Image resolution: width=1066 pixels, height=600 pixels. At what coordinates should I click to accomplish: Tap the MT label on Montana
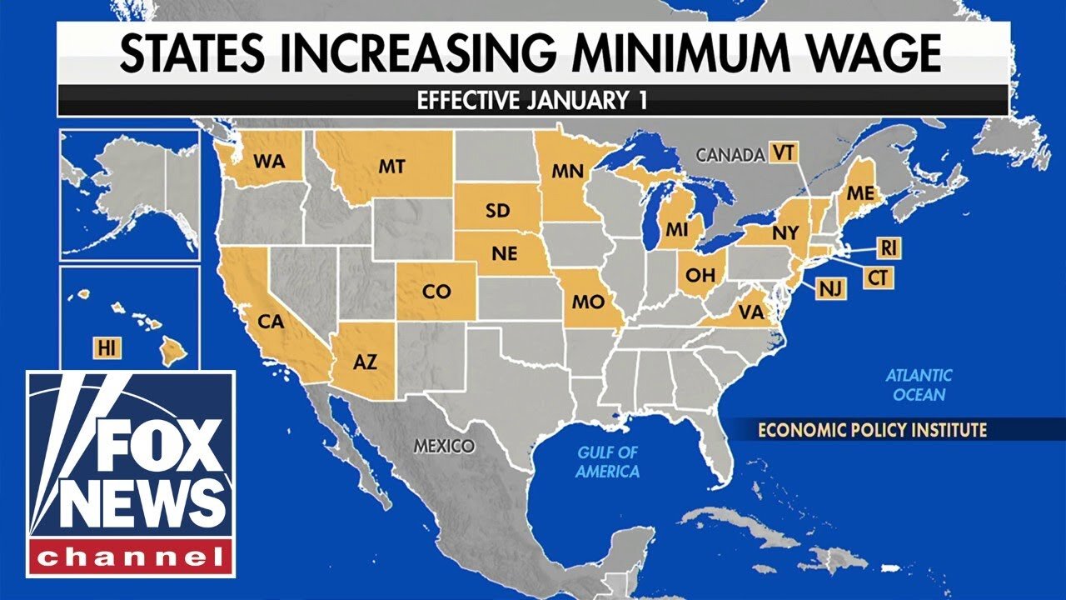[391, 167]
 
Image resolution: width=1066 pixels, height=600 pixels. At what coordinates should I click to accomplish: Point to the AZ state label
[365, 362]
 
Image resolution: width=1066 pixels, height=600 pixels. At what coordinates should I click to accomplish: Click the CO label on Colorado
[437, 292]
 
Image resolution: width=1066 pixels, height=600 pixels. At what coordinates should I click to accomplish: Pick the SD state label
[497, 211]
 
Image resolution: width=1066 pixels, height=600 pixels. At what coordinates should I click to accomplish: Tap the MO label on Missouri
[588, 302]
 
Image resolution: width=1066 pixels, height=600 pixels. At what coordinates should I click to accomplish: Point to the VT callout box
[782, 153]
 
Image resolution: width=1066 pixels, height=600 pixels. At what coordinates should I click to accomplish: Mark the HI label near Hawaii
[106, 349]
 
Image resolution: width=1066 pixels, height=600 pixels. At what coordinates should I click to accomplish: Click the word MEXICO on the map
[444, 446]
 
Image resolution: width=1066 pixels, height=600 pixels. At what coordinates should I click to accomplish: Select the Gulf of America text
[607, 462]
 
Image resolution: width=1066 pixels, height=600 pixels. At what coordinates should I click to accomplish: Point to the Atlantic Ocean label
[919, 385]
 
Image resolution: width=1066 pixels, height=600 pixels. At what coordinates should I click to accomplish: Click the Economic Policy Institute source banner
[872, 430]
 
